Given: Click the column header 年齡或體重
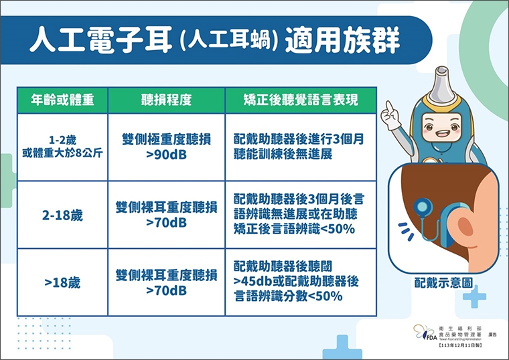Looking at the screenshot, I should [x=62, y=100].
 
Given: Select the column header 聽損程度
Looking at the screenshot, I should [x=166, y=100].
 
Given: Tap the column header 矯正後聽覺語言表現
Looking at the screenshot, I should [x=301, y=100].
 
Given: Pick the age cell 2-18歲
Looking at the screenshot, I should [x=62, y=215].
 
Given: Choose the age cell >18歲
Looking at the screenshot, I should [x=62, y=283].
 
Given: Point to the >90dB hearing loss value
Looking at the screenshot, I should [x=166, y=154].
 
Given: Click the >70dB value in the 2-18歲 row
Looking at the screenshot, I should [x=166, y=222].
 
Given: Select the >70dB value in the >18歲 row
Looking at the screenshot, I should [x=166, y=290].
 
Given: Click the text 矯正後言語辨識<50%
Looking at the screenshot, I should [x=295, y=230].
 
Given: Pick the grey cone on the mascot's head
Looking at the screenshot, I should [x=443, y=80].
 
